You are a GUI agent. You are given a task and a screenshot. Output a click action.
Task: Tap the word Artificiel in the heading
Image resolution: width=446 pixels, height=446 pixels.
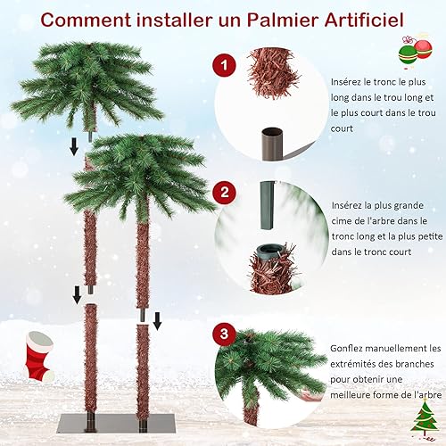point(364,20)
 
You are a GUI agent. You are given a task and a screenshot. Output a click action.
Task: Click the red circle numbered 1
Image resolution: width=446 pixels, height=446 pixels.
point(224,65)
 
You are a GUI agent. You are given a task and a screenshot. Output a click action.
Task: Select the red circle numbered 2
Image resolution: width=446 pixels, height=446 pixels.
point(224,193)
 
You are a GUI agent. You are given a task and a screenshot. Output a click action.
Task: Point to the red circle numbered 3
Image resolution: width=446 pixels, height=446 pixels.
point(224,334)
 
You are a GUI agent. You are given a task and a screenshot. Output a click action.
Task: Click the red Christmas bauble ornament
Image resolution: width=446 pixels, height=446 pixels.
point(424,49)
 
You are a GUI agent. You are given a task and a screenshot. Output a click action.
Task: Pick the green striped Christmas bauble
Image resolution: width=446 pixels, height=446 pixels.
point(408,54)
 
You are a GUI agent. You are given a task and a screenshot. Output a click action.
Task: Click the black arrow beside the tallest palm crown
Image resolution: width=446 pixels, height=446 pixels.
point(74,147)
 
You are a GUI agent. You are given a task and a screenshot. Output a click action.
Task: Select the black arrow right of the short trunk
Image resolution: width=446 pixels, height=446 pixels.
point(157,321)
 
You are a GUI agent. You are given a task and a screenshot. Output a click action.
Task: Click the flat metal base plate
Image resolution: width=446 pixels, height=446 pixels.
point(117,424)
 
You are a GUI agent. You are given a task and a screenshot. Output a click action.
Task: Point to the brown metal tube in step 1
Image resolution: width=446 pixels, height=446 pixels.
point(272,144)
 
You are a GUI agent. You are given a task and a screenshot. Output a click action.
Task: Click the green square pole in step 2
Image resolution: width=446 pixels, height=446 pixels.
point(267,206)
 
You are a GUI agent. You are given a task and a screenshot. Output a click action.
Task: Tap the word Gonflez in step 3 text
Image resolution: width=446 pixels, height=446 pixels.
point(347,349)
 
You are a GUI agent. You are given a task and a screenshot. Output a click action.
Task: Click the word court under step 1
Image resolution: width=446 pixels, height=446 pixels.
point(342,128)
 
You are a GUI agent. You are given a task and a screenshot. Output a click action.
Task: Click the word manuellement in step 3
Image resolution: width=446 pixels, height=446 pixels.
point(392,348)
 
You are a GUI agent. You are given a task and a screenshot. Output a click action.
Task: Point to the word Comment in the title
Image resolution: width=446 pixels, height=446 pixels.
point(86,21)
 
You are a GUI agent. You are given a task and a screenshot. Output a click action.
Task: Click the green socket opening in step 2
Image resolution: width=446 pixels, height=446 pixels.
point(267,250)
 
